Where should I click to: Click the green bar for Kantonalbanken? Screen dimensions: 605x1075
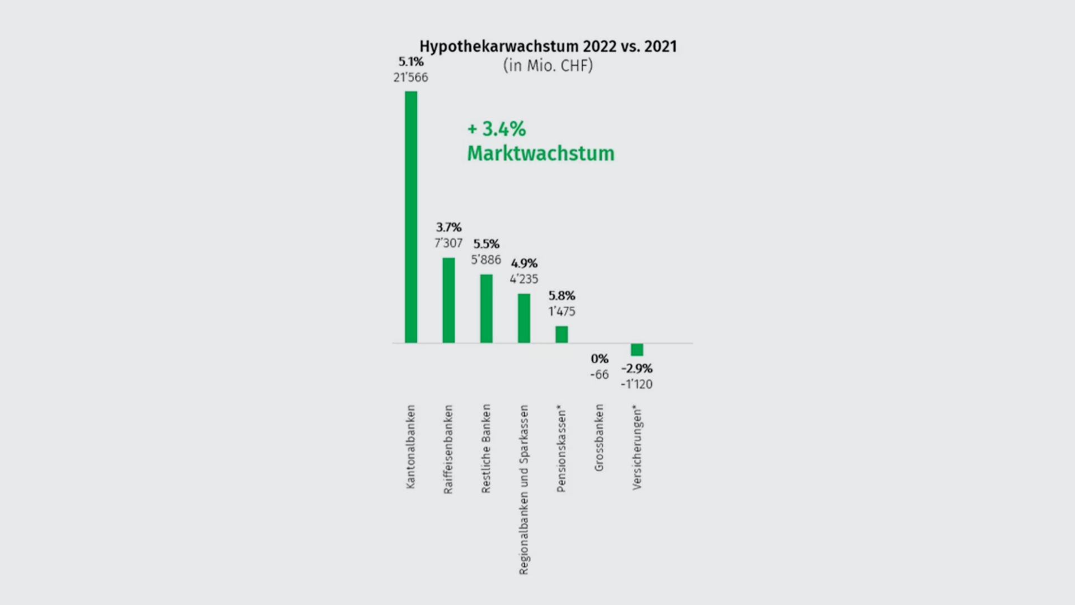[411, 217]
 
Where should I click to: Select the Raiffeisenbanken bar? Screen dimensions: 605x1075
[448, 300]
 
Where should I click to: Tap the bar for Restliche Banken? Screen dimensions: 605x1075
[486, 309]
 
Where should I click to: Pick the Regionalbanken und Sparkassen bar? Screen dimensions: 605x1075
[524, 318]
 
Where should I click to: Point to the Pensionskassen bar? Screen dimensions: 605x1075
[562, 334]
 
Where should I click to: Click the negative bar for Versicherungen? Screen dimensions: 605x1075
[637, 350]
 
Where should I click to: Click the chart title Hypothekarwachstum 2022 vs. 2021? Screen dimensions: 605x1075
[548, 46]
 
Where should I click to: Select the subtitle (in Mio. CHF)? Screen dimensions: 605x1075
[548, 66]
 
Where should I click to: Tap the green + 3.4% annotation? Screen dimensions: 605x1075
[497, 129]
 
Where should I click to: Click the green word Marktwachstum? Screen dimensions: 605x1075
[540, 153]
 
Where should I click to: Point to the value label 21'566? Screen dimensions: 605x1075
[410, 77]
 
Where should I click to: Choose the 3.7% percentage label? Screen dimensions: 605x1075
[448, 227]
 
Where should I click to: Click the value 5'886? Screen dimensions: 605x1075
[486, 260]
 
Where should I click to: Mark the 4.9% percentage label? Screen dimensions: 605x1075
[524, 263]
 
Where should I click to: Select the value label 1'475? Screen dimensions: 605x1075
[562, 311]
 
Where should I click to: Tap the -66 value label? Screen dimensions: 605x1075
[599, 375]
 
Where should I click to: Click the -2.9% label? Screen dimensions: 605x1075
[637, 369]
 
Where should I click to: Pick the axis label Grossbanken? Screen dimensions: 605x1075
[599, 438]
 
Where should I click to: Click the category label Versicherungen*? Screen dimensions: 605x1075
[637, 449]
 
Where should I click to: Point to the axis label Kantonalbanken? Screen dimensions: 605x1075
[411, 446]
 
